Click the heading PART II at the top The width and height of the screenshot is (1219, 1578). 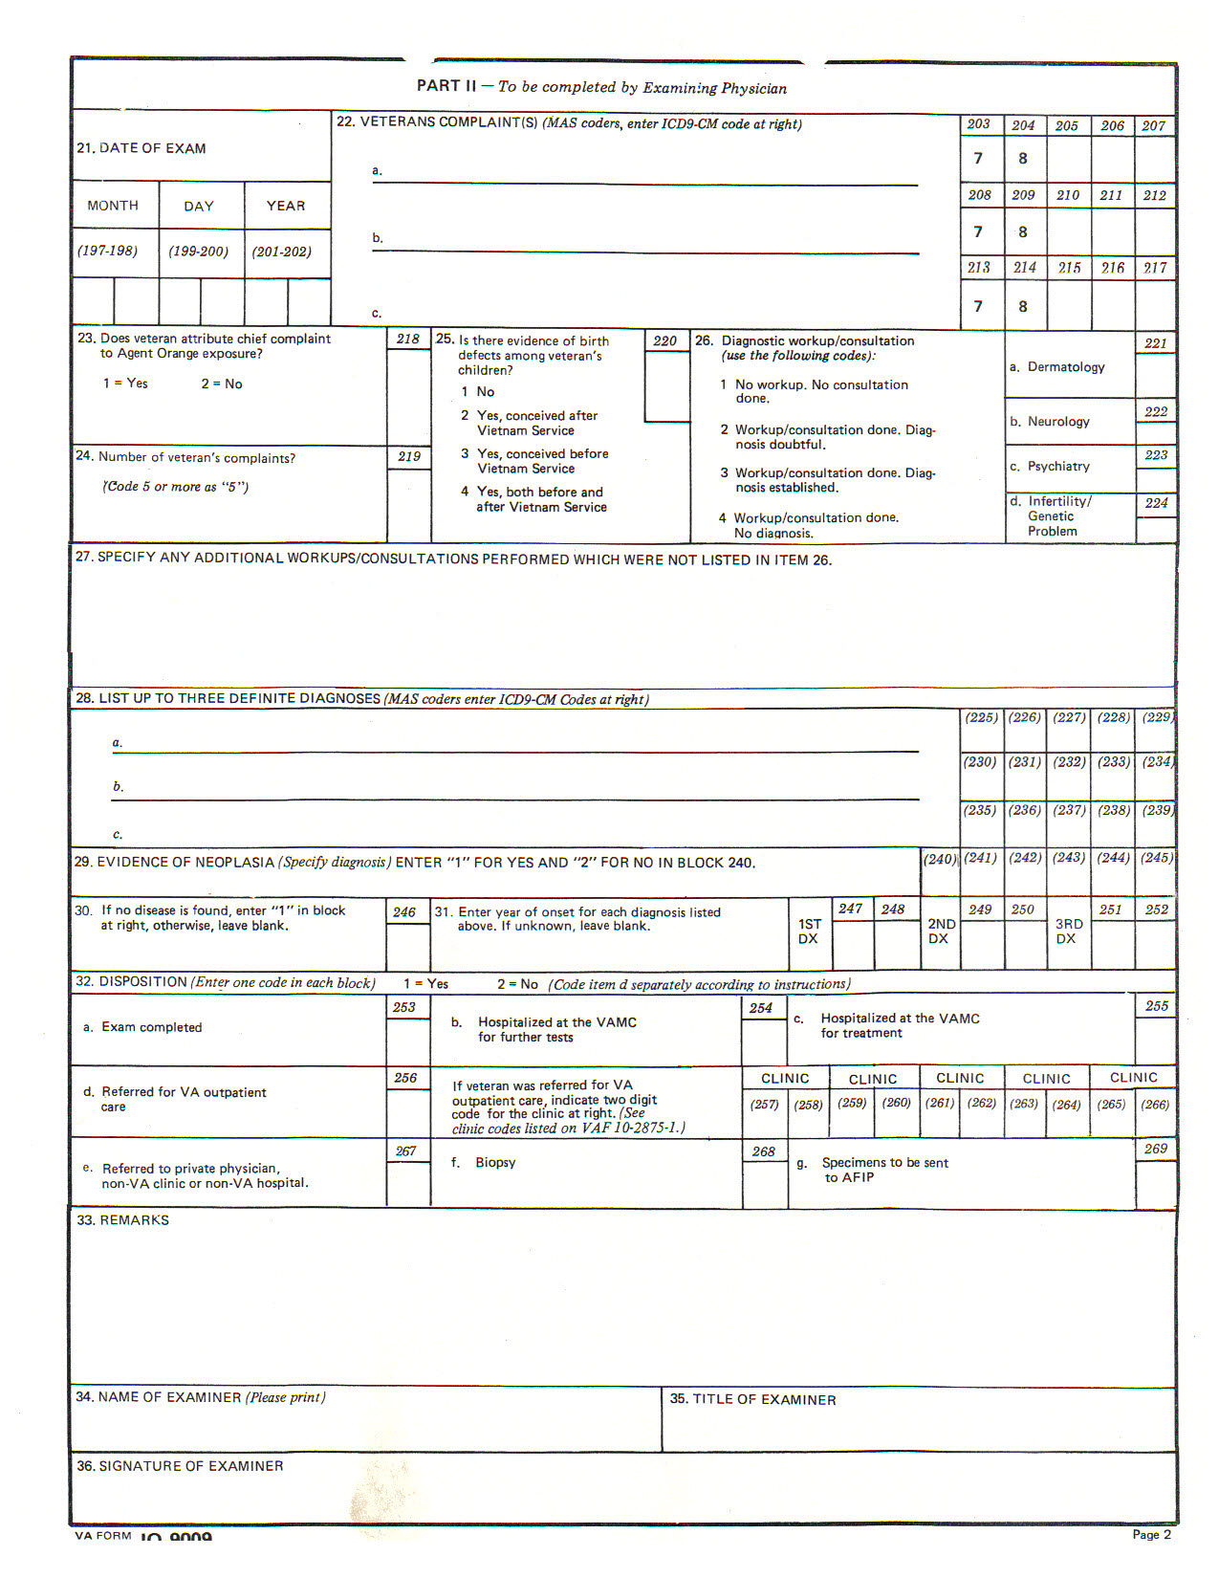[446, 86]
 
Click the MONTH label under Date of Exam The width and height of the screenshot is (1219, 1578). [113, 206]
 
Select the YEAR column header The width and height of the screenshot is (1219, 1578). [286, 206]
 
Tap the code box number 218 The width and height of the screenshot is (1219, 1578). [408, 339]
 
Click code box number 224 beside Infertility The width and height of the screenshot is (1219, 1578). [1156, 503]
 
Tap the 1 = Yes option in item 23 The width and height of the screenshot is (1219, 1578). [126, 384]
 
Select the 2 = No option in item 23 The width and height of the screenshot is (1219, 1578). [222, 384]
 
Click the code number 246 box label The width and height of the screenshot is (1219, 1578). [404, 912]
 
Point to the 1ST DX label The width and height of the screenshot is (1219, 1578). [809, 931]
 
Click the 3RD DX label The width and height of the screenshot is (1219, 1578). [1068, 931]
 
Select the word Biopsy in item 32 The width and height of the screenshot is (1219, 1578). [495, 1162]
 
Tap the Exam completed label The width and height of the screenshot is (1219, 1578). [152, 1027]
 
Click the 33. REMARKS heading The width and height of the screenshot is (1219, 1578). [122, 1220]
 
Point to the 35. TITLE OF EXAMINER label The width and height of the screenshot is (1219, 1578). [752, 1399]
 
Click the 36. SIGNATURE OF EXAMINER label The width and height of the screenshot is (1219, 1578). [180, 1466]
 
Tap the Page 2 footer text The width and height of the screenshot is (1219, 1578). [1151, 1535]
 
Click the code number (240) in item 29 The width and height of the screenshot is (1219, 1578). [940, 859]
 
